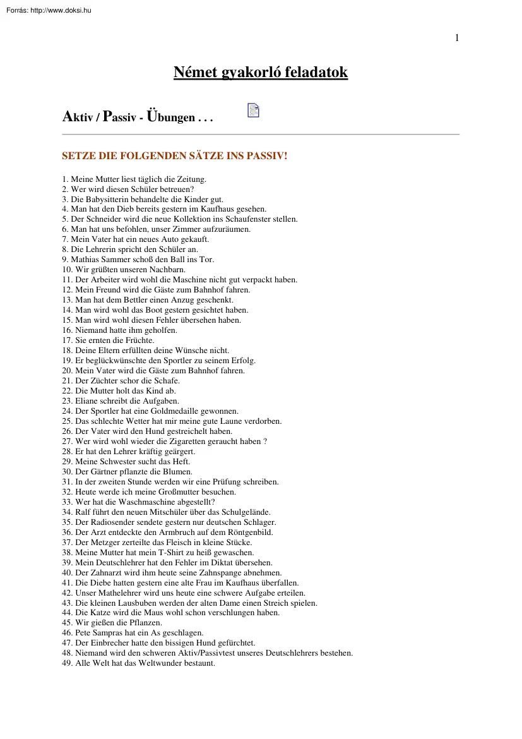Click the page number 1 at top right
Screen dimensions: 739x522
[x=457, y=38]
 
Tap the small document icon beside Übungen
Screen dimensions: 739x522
[x=253, y=111]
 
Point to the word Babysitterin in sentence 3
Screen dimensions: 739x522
[x=108, y=199]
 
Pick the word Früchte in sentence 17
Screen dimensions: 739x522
[x=139, y=340]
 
